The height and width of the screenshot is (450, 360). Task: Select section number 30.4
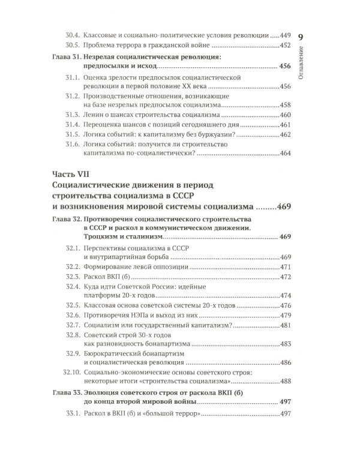pos(73,35)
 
